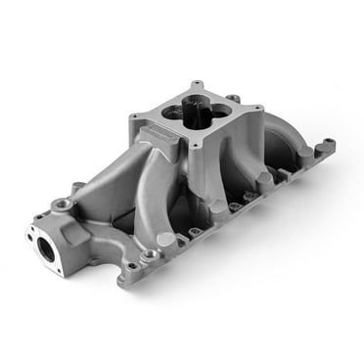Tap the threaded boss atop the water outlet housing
point(64,206)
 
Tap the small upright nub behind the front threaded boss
point(76,187)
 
